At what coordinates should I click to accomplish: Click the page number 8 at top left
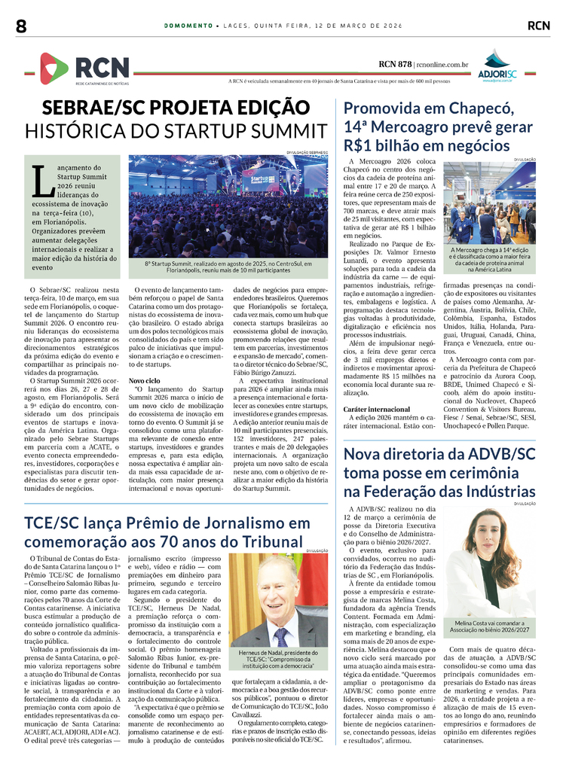click(x=21, y=26)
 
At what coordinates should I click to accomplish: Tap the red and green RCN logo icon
click(x=53, y=68)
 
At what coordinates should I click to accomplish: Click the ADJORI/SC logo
click(x=497, y=66)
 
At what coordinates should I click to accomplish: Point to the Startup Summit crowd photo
click(x=228, y=207)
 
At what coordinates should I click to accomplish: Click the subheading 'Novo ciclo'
click(x=144, y=381)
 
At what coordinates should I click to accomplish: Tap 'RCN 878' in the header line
click(x=395, y=65)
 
